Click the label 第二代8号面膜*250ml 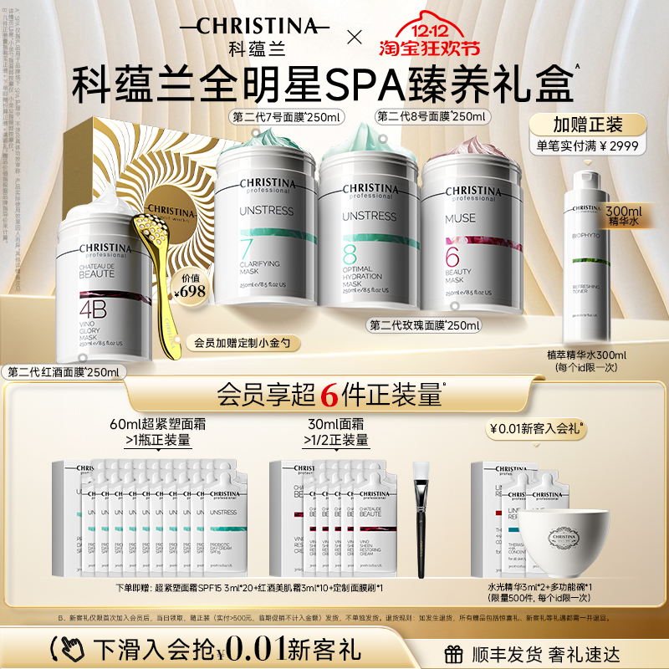(x=433, y=117)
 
